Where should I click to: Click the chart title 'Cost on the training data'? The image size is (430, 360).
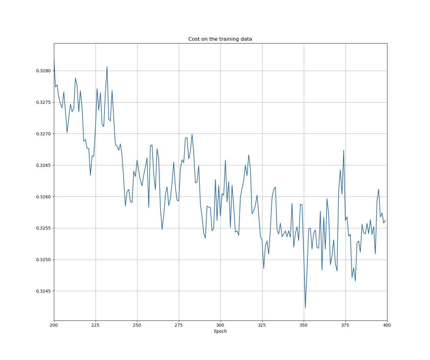(x=220, y=39)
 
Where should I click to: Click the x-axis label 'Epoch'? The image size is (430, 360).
(x=220, y=331)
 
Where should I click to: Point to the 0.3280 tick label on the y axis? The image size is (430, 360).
(x=43, y=71)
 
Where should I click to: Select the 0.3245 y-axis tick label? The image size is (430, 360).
(x=43, y=291)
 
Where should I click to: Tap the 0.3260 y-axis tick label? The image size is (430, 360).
(x=43, y=197)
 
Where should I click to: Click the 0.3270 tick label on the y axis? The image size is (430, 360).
(x=43, y=134)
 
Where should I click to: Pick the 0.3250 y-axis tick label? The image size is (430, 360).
(x=43, y=260)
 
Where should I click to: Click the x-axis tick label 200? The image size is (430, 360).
(x=54, y=325)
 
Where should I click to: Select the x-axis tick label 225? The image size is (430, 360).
(x=96, y=325)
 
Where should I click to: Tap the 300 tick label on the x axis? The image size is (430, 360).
(x=221, y=325)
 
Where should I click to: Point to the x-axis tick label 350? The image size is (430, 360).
(x=304, y=325)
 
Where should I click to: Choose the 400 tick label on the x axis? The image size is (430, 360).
(x=387, y=325)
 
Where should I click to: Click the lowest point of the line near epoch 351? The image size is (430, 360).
(x=305, y=308)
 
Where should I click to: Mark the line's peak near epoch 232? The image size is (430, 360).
(x=107, y=67)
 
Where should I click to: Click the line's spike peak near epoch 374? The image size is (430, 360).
(x=344, y=150)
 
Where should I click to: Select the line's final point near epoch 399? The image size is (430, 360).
(x=385, y=220)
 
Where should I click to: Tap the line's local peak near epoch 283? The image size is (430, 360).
(x=192, y=134)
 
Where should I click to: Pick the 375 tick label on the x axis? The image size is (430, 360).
(x=345, y=325)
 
